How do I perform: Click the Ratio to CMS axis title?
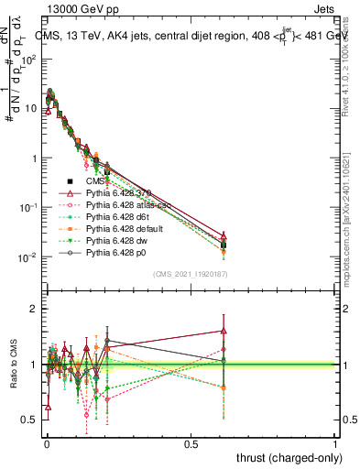(12, 365)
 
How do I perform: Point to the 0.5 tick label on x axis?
(191, 443)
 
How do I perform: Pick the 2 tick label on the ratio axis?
(32, 309)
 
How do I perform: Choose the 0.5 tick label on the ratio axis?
(29, 420)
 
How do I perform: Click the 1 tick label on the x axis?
(335, 443)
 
